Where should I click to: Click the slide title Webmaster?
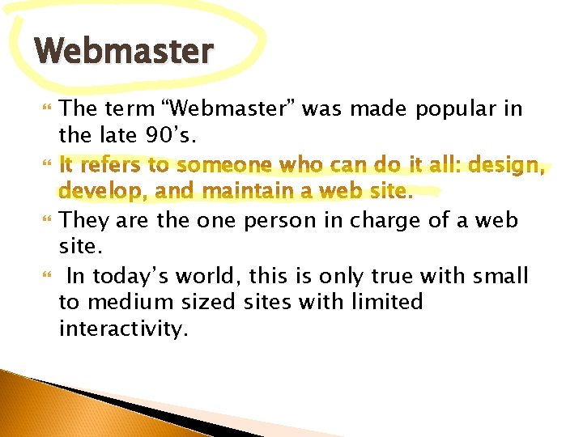[x=125, y=51]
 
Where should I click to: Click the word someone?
[x=223, y=166]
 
